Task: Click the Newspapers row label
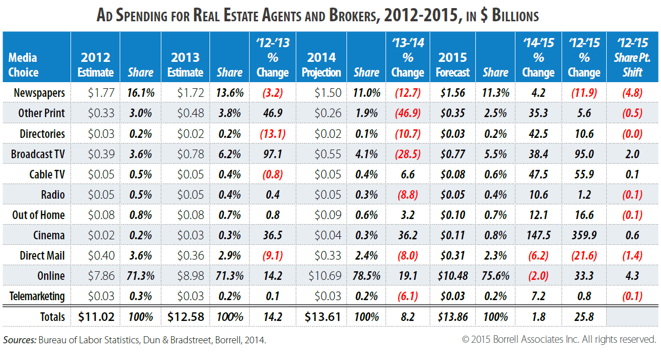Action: (39, 93)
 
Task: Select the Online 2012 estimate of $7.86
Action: (101, 276)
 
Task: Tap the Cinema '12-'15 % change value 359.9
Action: (584, 235)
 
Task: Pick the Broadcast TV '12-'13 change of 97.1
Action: (272, 154)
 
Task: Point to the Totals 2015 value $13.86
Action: (453, 317)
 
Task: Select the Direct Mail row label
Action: (42, 256)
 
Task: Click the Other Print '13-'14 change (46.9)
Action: (407, 113)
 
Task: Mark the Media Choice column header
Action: (23, 65)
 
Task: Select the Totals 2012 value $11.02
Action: (96, 317)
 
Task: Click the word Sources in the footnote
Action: (19, 340)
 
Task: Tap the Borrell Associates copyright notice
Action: (559, 340)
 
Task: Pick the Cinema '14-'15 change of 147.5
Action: (538, 235)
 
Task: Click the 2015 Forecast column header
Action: (453, 65)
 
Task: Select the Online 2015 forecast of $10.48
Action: (453, 276)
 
